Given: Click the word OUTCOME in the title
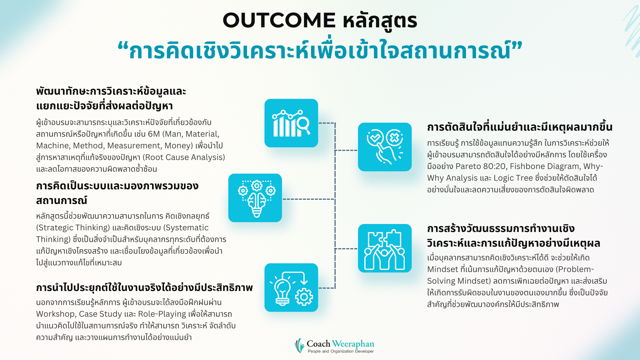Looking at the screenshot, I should click(279, 20).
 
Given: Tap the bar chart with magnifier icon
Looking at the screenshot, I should click(291, 123).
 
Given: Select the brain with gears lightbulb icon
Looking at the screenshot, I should click(255, 198).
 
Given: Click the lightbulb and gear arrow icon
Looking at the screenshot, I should click(291, 288).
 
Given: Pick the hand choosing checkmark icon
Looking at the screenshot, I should click(385, 147).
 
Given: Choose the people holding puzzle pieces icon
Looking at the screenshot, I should click(385, 248).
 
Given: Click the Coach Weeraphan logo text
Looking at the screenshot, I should click(340, 344).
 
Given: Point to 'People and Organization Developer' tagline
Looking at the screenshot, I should click(341, 351).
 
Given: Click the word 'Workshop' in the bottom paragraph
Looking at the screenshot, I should click(55, 314).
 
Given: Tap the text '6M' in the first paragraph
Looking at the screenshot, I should click(154, 134).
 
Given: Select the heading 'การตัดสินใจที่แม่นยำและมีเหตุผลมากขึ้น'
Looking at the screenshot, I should click(520, 127).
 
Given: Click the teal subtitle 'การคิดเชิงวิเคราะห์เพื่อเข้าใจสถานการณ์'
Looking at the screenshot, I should click(320, 51).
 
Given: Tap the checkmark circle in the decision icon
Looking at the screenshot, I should click(375, 137).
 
